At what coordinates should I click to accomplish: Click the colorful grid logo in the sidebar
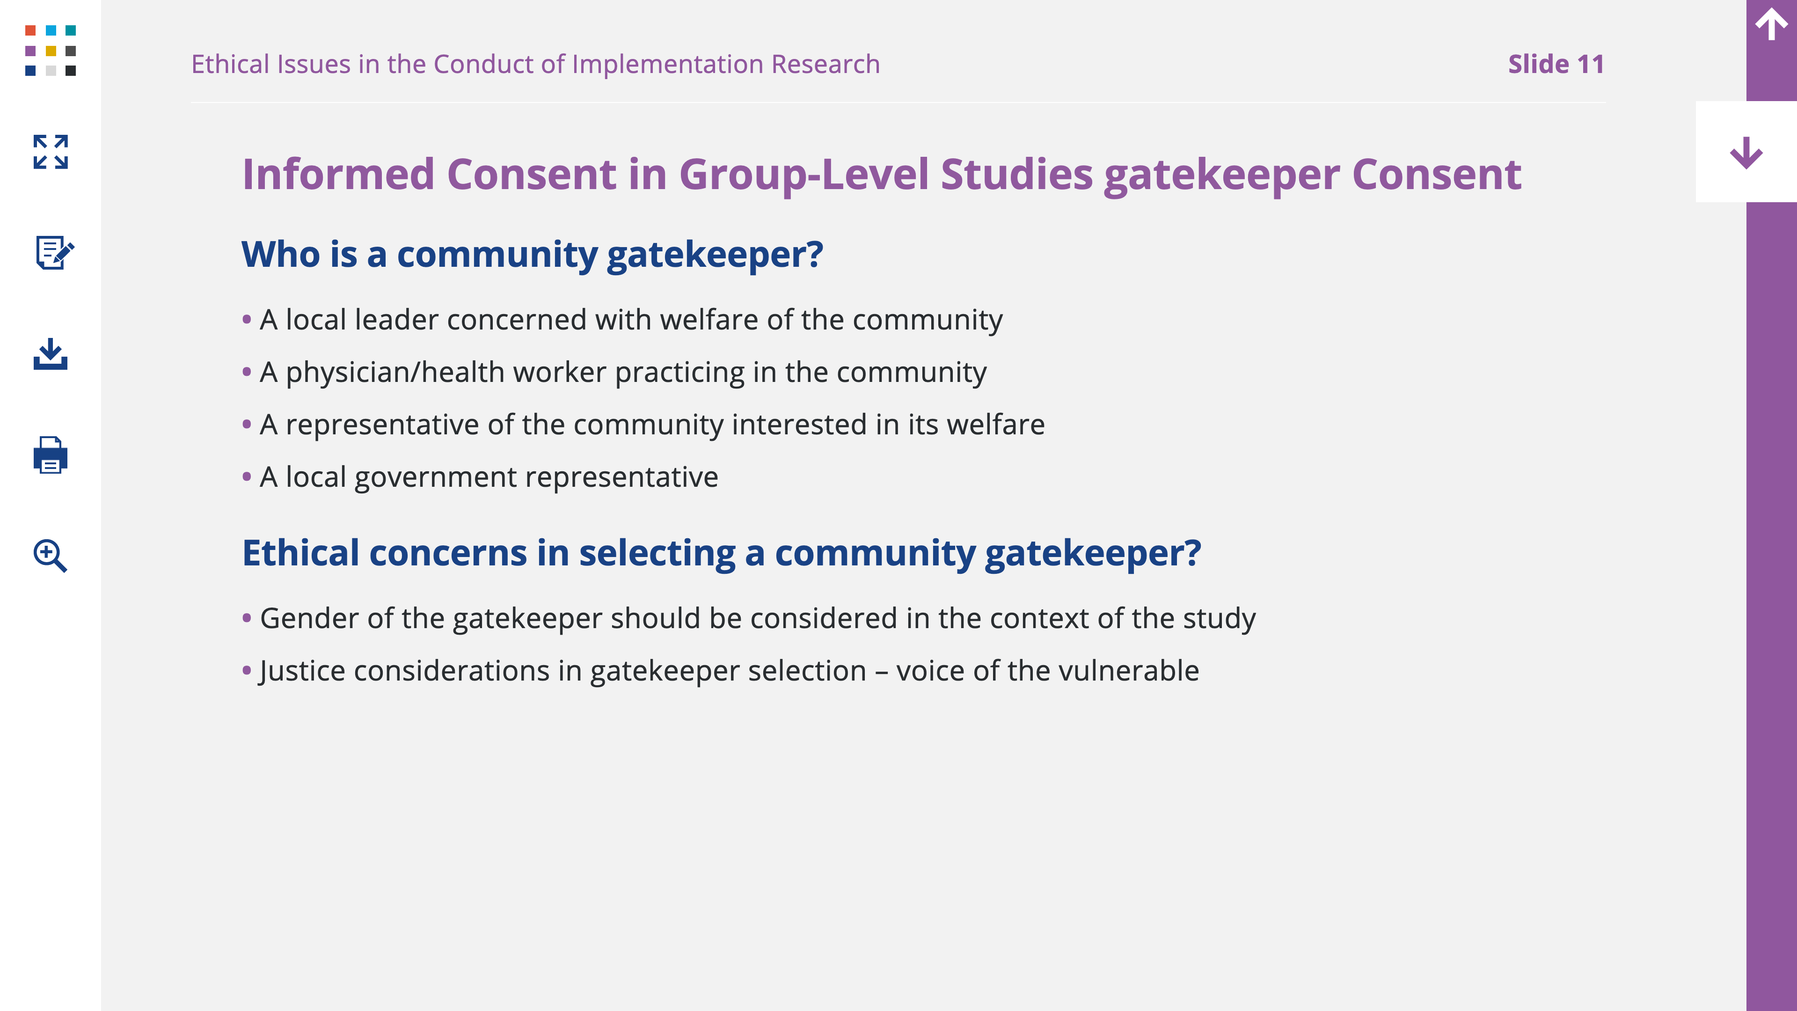[x=50, y=50]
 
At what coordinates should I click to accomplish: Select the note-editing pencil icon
[x=54, y=252]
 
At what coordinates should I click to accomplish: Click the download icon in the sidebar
[x=50, y=354]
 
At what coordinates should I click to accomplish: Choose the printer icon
[x=50, y=455]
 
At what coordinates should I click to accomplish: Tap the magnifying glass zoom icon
[x=50, y=556]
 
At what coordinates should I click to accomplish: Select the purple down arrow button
[x=1746, y=152]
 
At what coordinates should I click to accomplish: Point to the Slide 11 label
[x=1556, y=64]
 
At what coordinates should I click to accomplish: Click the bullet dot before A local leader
[x=246, y=320]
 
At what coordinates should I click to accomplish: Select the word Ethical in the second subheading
[x=300, y=553]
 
